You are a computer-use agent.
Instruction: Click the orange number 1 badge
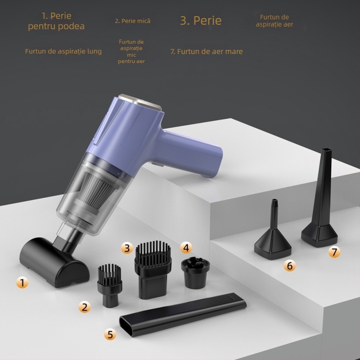click(22, 283)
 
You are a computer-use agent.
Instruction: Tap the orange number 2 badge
click(84, 307)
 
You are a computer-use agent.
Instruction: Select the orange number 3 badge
click(127, 248)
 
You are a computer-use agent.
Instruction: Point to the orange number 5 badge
click(110, 334)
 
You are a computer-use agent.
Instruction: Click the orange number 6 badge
click(289, 266)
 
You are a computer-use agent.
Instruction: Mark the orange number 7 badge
click(334, 252)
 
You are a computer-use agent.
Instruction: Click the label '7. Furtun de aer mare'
click(207, 51)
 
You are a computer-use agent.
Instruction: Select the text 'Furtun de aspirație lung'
click(63, 51)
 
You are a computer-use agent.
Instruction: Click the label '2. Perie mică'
click(132, 21)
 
